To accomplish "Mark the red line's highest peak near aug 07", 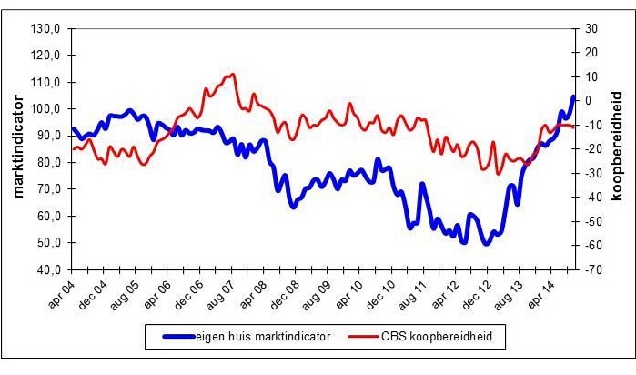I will (x=233, y=75).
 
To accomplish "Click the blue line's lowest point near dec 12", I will (x=487, y=244).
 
